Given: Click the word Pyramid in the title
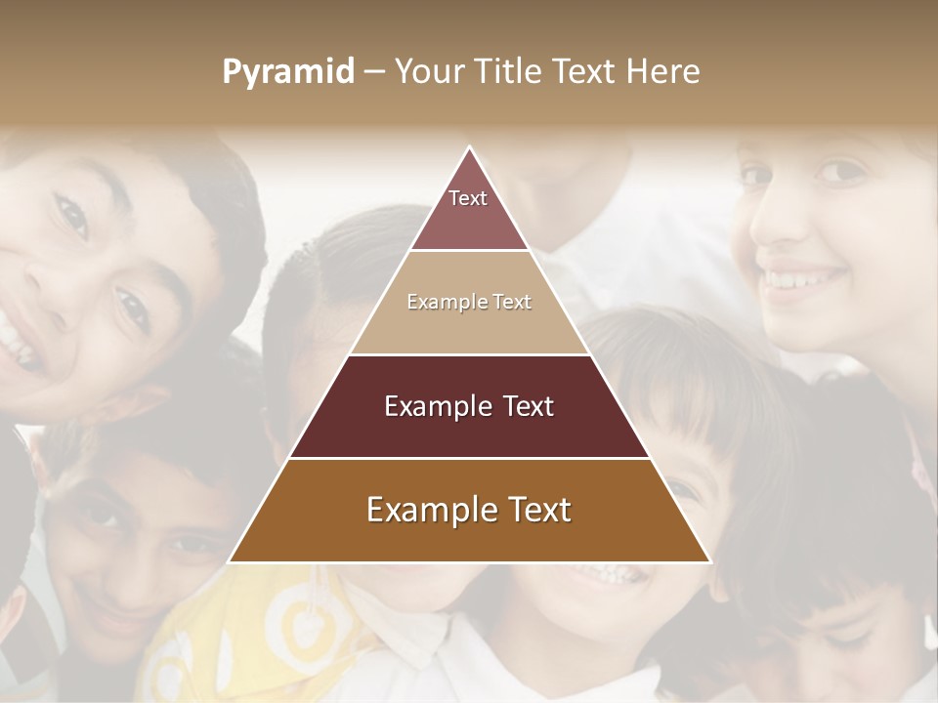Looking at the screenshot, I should (x=288, y=72).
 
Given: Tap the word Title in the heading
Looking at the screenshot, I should (x=512, y=72).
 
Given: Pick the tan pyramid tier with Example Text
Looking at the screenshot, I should (x=469, y=303).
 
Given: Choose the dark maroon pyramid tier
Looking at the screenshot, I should (x=469, y=406).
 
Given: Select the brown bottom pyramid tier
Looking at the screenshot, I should (x=469, y=511).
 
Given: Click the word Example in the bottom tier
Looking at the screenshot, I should (x=427, y=511).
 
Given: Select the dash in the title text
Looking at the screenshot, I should (x=374, y=72).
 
